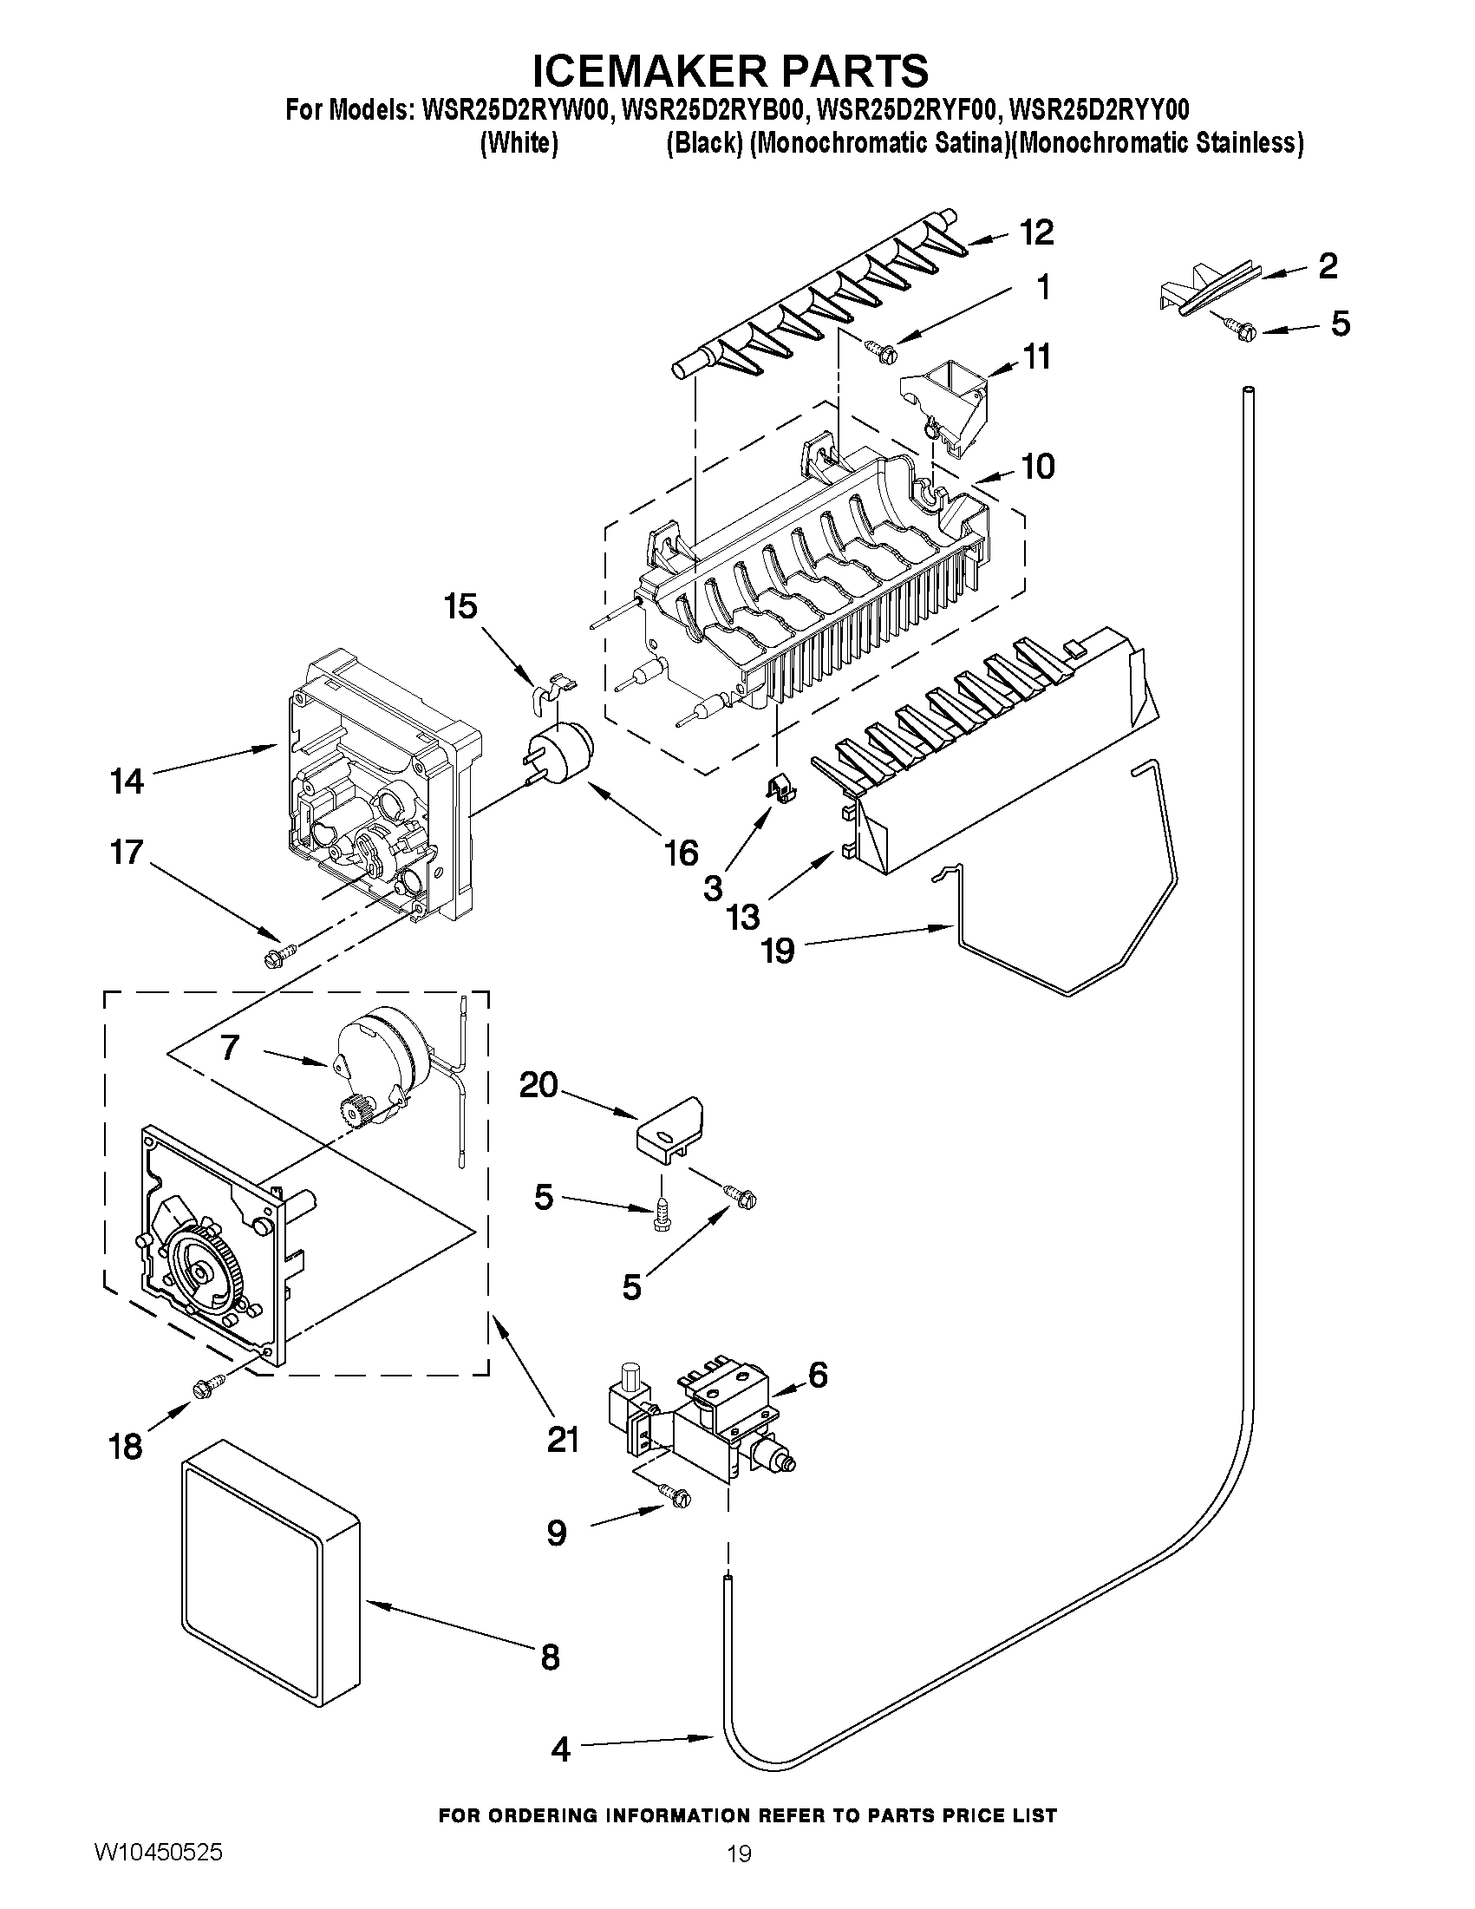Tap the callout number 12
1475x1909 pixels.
pyautogui.click(x=1036, y=233)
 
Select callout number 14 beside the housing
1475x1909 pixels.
pyautogui.click(x=127, y=781)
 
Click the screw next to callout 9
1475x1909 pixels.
pyautogui.click(x=675, y=1497)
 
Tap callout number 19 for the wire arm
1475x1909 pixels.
pyautogui.click(x=779, y=950)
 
